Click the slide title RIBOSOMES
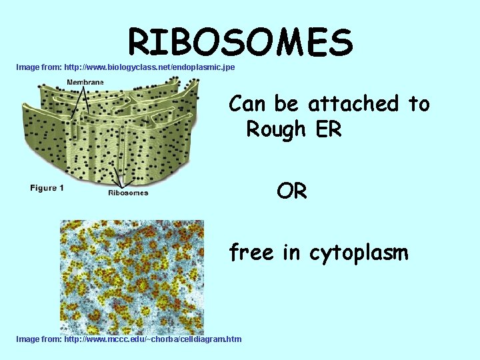pos(240,42)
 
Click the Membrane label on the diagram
pos(85,82)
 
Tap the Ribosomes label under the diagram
pos(128,193)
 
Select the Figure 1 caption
pos(47,188)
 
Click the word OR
pos(292,192)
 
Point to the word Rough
pos(277,129)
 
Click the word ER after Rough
pos(329,129)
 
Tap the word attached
pos(353,104)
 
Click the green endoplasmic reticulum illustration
pos(110,133)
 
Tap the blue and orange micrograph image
pos(132,277)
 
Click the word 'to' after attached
pos(419,104)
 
